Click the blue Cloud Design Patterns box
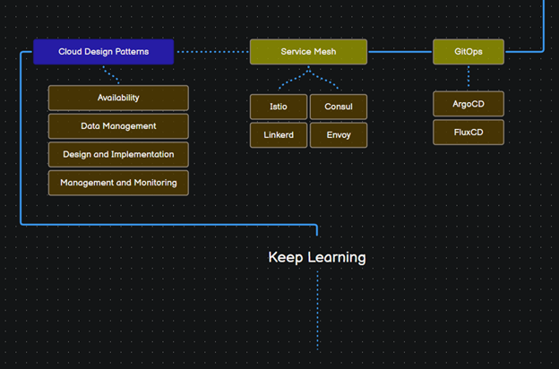(x=103, y=52)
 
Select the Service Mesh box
(x=308, y=52)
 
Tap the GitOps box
(x=468, y=52)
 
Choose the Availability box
(x=118, y=98)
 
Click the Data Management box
(x=118, y=126)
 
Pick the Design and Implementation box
(x=118, y=154)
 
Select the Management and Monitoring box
(x=118, y=183)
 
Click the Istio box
(x=279, y=107)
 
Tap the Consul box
(x=338, y=107)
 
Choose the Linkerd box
(x=279, y=135)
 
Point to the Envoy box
(x=338, y=135)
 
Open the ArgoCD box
(x=468, y=104)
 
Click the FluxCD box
(x=468, y=133)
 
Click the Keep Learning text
(x=317, y=257)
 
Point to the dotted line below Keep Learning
(x=317, y=309)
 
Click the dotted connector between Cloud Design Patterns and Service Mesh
(x=211, y=52)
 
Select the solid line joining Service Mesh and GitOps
(x=400, y=52)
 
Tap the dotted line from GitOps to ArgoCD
(x=468, y=77)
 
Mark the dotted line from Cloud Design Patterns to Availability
(x=111, y=75)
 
